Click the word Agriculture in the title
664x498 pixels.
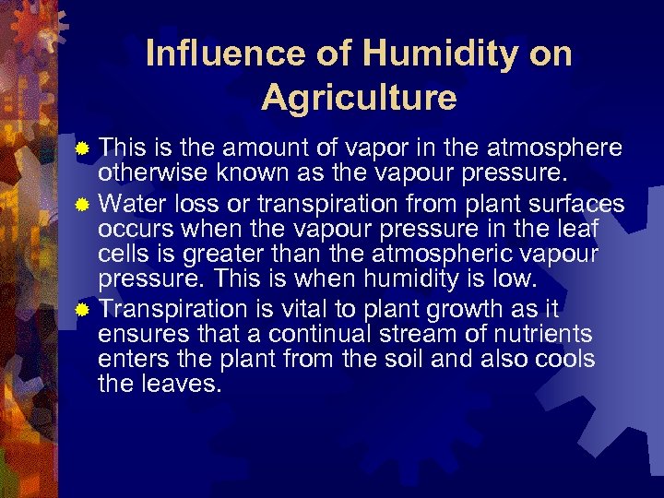(x=359, y=96)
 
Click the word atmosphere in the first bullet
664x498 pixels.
(x=561, y=148)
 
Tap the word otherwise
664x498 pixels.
(x=140, y=173)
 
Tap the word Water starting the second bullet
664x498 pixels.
(x=127, y=201)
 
